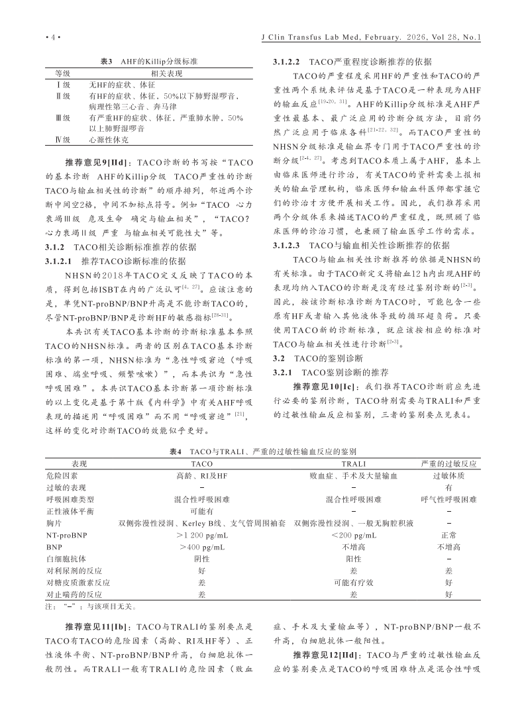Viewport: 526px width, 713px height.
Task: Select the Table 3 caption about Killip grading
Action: point(148,60)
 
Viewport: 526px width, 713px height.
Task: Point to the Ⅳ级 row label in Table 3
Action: point(62,140)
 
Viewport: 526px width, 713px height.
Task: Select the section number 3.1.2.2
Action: point(288,60)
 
